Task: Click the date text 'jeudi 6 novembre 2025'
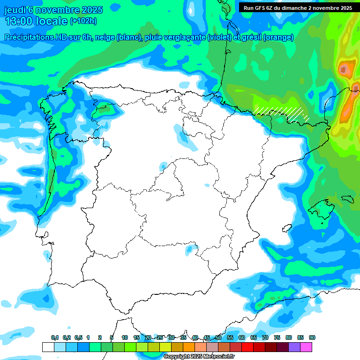pyautogui.click(x=54, y=9)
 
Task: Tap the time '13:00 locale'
pyautogui.click(x=36, y=21)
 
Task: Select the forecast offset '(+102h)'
pyautogui.click(x=83, y=21)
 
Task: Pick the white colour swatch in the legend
pyautogui.click(x=48, y=347)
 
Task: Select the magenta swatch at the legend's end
pyautogui.click(x=306, y=347)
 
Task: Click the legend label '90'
pyautogui.click(x=312, y=337)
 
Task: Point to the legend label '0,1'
pyautogui.click(x=54, y=337)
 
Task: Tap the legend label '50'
pyautogui.click(x=218, y=337)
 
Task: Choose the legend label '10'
pyautogui.click(x=125, y=337)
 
